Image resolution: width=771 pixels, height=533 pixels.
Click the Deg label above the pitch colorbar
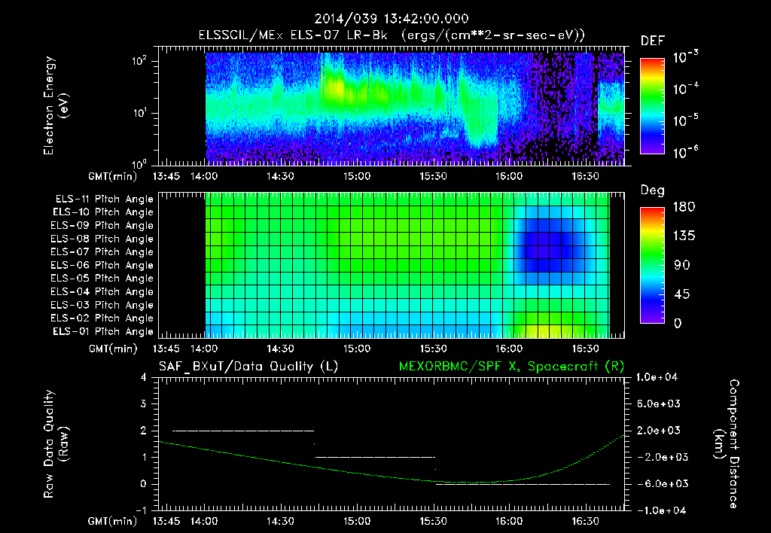(652, 190)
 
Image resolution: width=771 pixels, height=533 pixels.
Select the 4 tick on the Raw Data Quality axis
(144, 377)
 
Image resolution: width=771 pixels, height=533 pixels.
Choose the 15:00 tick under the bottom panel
(357, 520)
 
